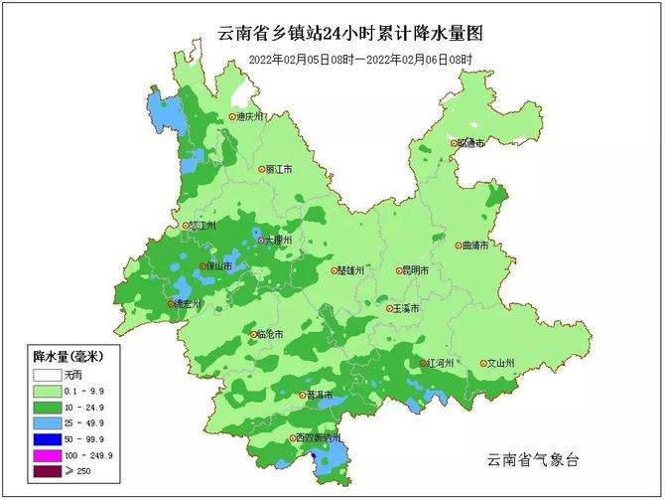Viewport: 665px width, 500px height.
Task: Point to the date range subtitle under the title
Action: tap(359, 60)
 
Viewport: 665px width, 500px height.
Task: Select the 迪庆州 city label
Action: tap(249, 116)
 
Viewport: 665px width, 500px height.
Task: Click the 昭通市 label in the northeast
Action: tap(470, 143)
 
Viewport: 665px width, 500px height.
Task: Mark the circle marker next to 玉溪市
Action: tap(390, 309)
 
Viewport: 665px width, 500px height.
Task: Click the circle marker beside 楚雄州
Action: tap(334, 269)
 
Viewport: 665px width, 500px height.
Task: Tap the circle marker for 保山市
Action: tap(202, 266)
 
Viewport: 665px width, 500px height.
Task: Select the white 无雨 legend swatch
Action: tap(46, 376)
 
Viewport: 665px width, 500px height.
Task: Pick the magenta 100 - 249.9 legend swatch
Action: tap(46, 454)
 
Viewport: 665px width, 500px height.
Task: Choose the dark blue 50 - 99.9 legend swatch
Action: tap(46, 438)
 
